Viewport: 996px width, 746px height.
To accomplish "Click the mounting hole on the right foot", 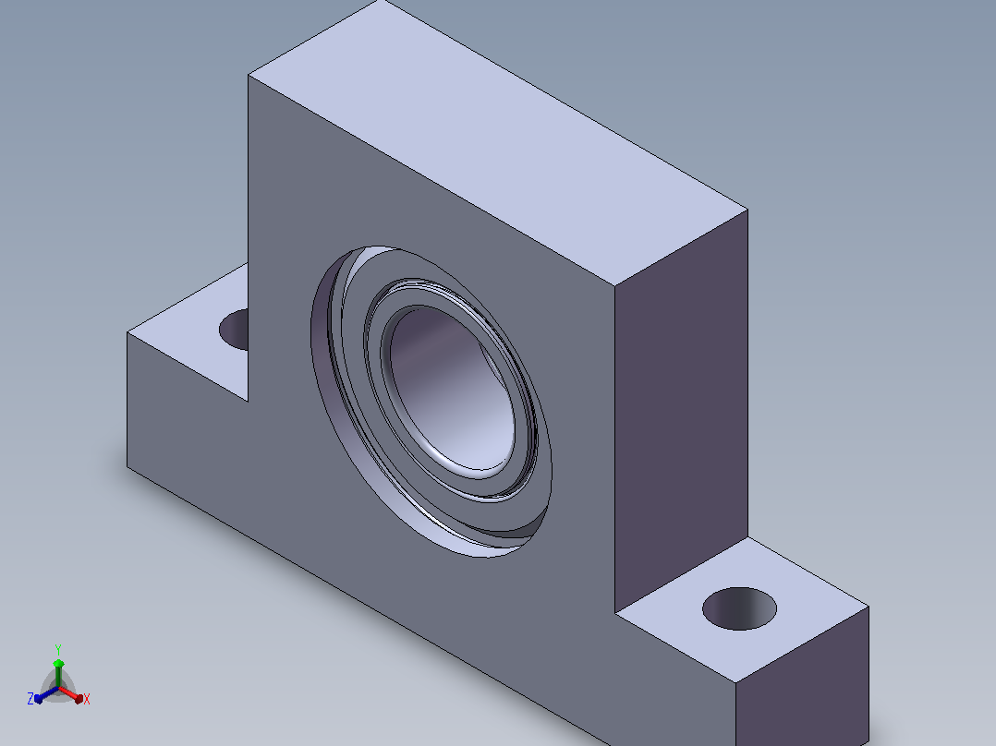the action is (739, 608).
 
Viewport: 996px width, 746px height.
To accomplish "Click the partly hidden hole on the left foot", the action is (235, 329).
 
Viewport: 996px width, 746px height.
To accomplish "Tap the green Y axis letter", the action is (58, 649).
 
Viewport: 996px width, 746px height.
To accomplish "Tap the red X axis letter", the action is (87, 699).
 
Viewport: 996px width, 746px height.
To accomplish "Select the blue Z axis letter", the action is (30, 699).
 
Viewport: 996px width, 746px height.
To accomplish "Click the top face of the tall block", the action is (498, 142).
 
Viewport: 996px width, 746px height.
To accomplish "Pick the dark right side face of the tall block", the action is (681, 410).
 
